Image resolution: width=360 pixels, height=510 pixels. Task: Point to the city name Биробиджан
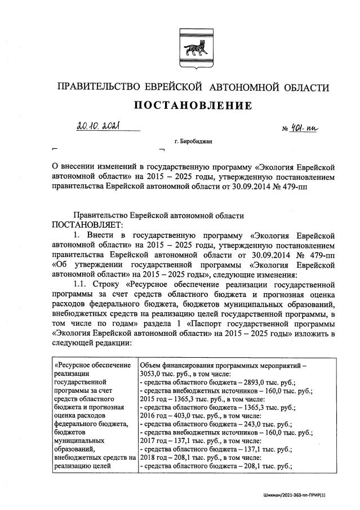tap(194, 141)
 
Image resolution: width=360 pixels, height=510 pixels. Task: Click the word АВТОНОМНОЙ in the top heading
tap(245, 87)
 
